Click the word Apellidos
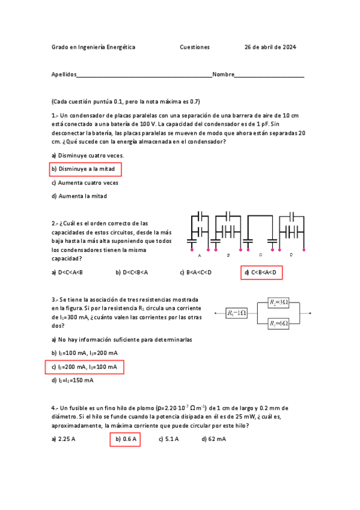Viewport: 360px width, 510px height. click(x=64, y=75)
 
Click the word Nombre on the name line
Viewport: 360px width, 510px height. click(x=223, y=75)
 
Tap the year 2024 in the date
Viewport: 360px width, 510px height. click(x=289, y=47)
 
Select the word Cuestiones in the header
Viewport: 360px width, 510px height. click(x=195, y=47)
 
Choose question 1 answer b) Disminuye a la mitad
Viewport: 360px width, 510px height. click(x=86, y=169)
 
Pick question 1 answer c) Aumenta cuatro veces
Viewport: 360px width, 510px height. click(x=85, y=183)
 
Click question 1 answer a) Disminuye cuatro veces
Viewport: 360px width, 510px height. click(x=88, y=155)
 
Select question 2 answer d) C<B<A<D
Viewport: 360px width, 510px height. click(x=261, y=272)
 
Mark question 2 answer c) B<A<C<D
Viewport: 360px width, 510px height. click(x=196, y=272)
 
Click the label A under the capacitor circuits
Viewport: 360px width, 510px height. click(x=200, y=255)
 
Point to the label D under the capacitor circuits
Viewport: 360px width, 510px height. click(x=291, y=255)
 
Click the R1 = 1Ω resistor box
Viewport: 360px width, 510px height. click(x=236, y=313)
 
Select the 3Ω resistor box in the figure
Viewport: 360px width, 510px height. click(x=279, y=302)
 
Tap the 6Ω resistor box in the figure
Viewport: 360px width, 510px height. click(x=279, y=324)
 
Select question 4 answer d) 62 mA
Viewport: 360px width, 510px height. click(x=214, y=440)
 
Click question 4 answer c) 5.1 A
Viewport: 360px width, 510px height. click(x=169, y=440)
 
